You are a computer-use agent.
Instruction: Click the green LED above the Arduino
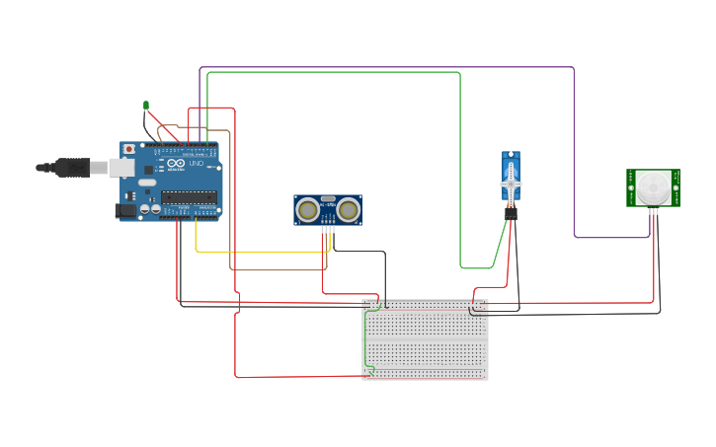(x=146, y=105)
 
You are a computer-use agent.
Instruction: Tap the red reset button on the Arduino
(x=128, y=149)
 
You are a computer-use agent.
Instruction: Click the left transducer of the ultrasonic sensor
(x=308, y=209)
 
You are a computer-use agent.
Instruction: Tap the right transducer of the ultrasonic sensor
(x=348, y=209)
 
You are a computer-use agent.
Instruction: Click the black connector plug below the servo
(x=511, y=212)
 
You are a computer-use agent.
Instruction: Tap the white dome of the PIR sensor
(x=651, y=186)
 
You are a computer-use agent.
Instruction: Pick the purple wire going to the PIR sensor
(x=574, y=148)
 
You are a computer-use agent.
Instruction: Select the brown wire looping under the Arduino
(x=277, y=269)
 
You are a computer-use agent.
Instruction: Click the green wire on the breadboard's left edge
(x=366, y=340)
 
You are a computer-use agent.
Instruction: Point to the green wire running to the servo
(x=460, y=168)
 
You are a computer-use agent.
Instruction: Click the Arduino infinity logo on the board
(x=174, y=163)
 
